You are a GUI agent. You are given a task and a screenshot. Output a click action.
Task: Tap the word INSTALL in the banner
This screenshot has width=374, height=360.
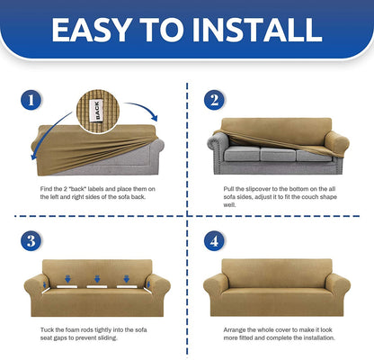(257, 30)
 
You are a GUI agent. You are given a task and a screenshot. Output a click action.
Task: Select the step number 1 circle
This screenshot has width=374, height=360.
(31, 100)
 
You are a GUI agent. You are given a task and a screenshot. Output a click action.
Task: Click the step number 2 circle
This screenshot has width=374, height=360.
(214, 100)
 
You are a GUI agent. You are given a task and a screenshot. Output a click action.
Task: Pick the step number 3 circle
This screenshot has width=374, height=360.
(31, 240)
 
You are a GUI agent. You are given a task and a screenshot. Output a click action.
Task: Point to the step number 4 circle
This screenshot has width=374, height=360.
(214, 240)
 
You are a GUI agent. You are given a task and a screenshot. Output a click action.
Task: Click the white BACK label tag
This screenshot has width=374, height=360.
(96, 111)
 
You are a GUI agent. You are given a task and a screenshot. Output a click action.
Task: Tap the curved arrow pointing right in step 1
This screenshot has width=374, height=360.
(143, 109)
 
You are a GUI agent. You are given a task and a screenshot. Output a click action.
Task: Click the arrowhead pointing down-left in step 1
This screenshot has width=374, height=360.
(34, 156)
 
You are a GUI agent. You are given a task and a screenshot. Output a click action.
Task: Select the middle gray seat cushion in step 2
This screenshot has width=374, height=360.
(278, 154)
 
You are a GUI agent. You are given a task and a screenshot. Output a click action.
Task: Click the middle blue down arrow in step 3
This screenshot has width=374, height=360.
(97, 279)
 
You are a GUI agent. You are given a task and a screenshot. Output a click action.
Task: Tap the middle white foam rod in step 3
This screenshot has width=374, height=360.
(97, 287)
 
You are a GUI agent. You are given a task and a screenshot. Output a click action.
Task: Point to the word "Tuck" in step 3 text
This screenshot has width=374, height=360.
(47, 329)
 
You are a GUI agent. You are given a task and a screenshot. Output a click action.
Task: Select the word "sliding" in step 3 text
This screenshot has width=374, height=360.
(108, 337)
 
